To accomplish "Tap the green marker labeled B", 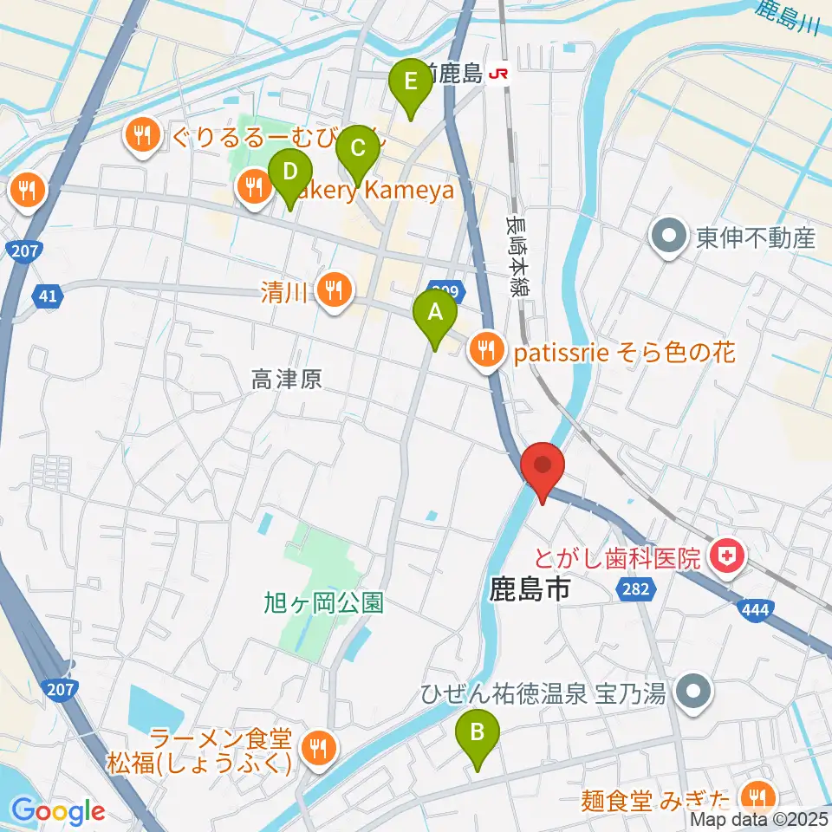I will pyautogui.click(x=477, y=736).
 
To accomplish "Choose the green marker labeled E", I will pyautogui.click(x=411, y=85).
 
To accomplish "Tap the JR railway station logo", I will pyautogui.click(x=498, y=75).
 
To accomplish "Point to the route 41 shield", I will pyautogui.click(x=49, y=297).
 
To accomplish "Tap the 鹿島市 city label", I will pyautogui.click(x=530, y=591).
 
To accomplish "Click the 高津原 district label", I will pyautogui.click(x=287, y=379).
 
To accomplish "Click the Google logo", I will pyautogui.click(x=58, y=811).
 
